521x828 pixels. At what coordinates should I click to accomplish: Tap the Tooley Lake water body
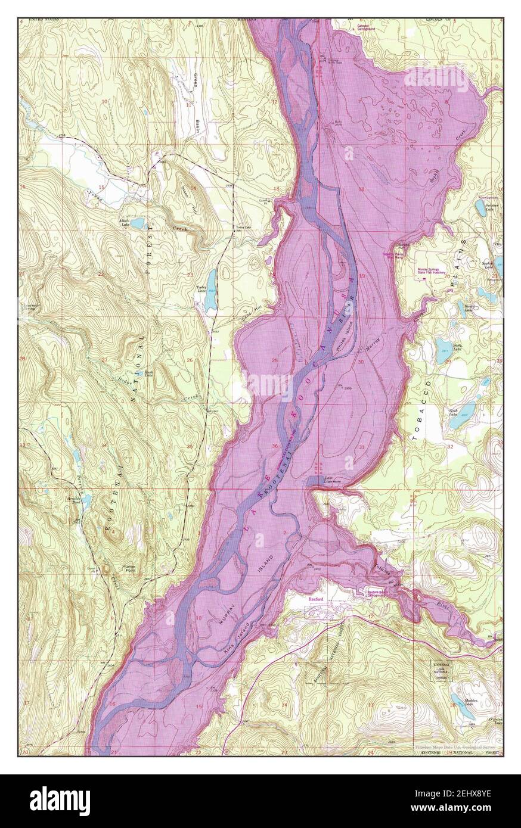[x=210, y=284]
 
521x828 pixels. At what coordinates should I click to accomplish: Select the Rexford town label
[x=315, y=599]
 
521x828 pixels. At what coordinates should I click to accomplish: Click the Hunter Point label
[x=112, y=567]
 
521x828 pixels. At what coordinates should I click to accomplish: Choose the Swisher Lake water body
[x=480, y=208]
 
